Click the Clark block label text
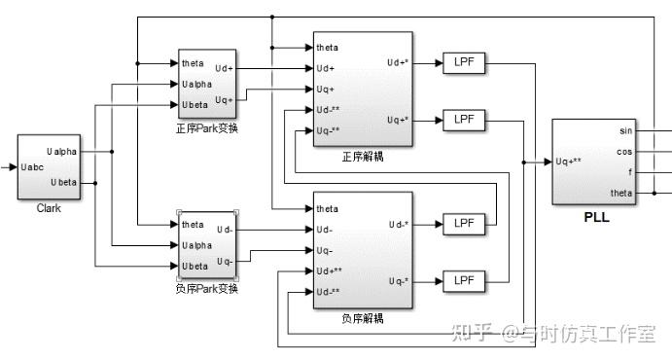(49, 208)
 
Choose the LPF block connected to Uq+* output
(462, 121)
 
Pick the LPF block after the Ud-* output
(462, 224)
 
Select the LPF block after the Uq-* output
(462, 281)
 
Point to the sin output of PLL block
(625, 130)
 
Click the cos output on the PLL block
(624, 151)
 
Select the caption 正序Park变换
(207, 128)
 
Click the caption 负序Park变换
(207, 289)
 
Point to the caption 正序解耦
(363, 157)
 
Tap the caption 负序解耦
(363, 318)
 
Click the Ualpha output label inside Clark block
(61, 151)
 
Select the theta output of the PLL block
(620, 192)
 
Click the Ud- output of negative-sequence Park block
(225, 230)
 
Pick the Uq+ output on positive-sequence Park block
(223, 100)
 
